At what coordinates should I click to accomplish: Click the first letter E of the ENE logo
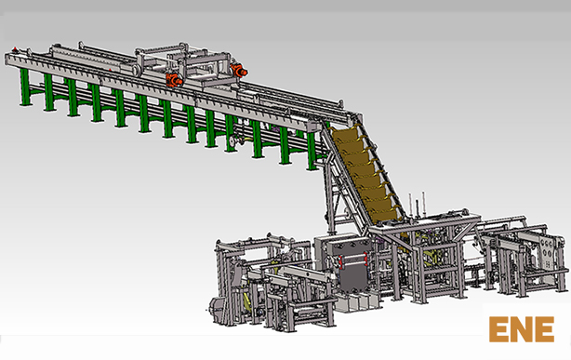point(498,329)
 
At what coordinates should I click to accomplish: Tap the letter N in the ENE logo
point(522,329)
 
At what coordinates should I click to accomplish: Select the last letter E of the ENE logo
point(544,329)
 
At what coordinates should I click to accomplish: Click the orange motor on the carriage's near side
point(174,79)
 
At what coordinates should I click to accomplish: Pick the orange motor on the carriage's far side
point(238,70)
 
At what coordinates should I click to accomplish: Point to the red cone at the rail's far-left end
point(15,48)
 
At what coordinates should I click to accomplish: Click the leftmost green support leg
point(25,87)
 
